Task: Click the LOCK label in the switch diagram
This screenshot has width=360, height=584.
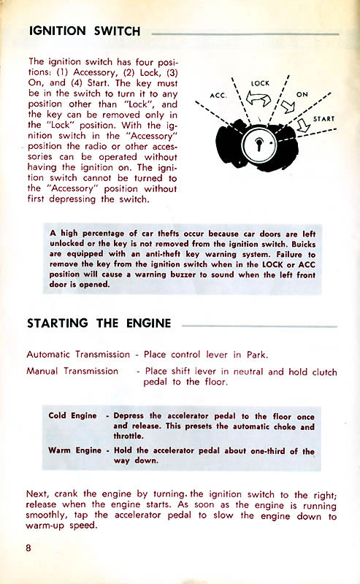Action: coord(261,84)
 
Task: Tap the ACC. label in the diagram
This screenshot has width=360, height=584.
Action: coord(218,96)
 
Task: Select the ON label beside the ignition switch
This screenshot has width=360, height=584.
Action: coord(303,96)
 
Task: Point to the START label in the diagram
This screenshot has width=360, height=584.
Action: coord(324,119)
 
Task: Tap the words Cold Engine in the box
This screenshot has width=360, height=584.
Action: coord(72,415)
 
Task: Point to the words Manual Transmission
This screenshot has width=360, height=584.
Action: coord(72,371)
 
